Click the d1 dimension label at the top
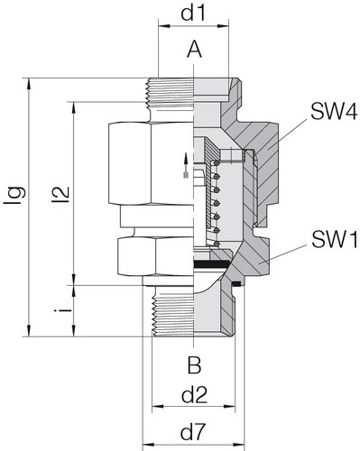click(x=195, y=15)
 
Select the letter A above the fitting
click(x=194, y=51)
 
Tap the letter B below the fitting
click(x=194, y=365)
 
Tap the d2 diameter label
click(x=195, y=394)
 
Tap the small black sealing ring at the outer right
click(x=236, y=286)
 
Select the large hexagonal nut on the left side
click(x=149, y=167)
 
